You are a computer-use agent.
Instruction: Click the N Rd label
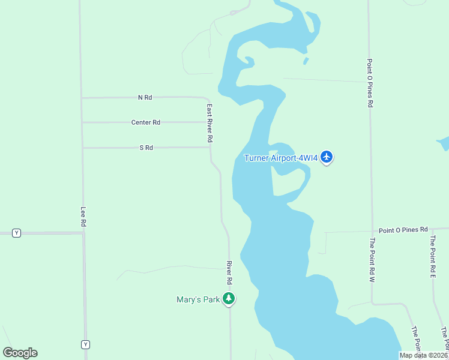tap(145, 97)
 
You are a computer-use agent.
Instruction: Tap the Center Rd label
tap(146, 122)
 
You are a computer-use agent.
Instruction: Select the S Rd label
tap(146, 148)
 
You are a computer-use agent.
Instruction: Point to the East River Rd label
tap(210, 123)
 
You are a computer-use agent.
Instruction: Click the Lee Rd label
tap(83, 217)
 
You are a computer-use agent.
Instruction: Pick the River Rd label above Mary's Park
tap(229, 272)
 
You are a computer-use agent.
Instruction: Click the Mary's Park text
tap(198, 299)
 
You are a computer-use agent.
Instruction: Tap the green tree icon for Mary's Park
tap(228, 298)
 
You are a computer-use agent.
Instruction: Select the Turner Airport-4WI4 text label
tap(280, 158)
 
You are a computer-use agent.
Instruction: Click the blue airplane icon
tap(327, 157)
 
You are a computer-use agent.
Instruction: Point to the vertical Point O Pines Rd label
tap(371, 83)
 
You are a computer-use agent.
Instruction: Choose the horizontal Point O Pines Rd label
tap(403, 230)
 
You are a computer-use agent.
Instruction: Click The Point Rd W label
tap(372, 260)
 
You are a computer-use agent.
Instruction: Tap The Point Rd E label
tap(432, 256)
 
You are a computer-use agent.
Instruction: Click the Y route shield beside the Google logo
tap(86, 344)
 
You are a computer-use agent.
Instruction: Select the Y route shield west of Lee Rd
tap(16, 233)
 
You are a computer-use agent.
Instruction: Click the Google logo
tap(20, 353)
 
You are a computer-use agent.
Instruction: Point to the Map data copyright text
tap(423, 355)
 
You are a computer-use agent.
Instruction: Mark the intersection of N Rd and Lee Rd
tap(82, 98)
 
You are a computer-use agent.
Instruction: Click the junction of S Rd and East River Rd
tap(209, 147)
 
